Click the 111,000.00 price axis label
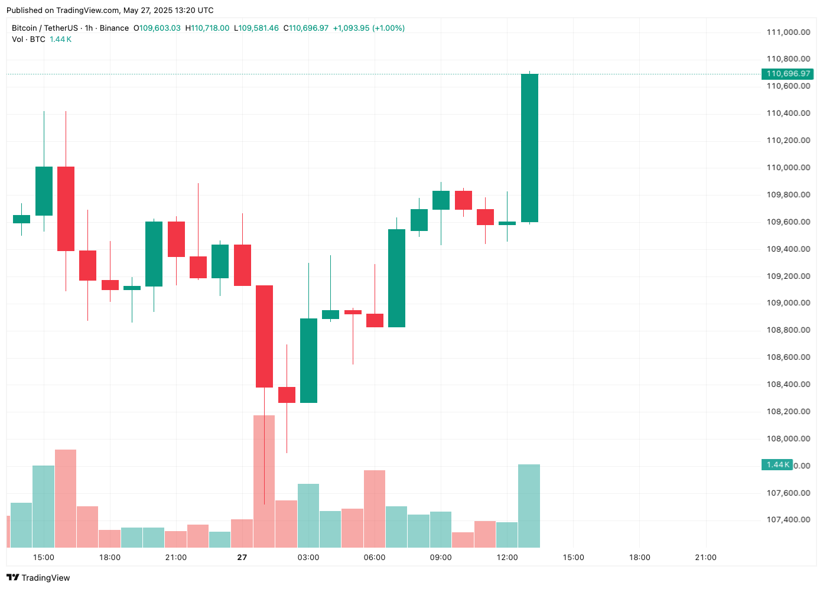point(788,32)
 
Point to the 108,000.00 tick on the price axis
point(788,438)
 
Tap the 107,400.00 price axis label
point(788,520)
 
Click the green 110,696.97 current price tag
point(788,74)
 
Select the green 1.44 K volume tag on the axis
point(777,465)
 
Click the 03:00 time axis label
point(308,557)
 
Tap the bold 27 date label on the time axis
point(242,557)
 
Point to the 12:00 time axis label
point(507,557)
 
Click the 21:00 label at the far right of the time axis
point(705,557)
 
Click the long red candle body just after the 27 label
point(264,336)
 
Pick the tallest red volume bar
point(264,481)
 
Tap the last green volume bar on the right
point(529,506)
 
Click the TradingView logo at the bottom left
point(38,578)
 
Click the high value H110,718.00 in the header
point(207,28)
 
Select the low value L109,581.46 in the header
point(256,28)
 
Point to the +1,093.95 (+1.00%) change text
point(369,28)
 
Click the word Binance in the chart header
point(114,28)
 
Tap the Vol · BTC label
point(28,39)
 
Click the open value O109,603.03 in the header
point(157,28)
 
